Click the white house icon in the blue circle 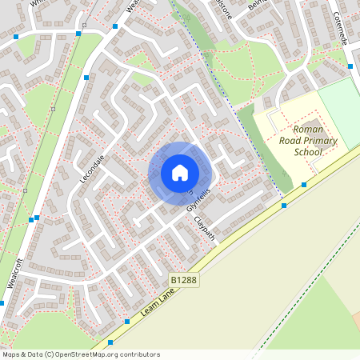(x=180, y=172)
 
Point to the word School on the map (x=307, y=151)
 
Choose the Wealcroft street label (x=14, y=272)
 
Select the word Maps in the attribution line (x=11, y=354)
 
